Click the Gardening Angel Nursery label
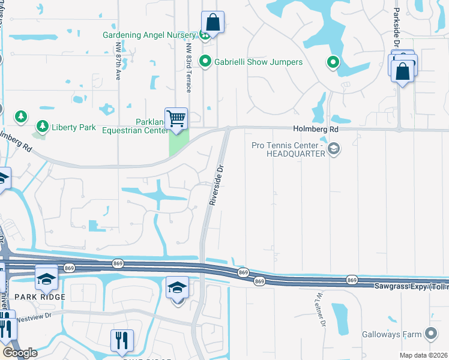coord(150,35)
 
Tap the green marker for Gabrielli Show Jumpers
coord(205,61)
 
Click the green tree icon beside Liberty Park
coord(42,126)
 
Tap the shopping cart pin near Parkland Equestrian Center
coord(176,118)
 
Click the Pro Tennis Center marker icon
coord(334,148)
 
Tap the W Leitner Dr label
coord(319,310)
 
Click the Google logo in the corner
coord(20,352)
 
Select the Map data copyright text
coord(423,355)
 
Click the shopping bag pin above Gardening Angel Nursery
coord(212,23)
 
